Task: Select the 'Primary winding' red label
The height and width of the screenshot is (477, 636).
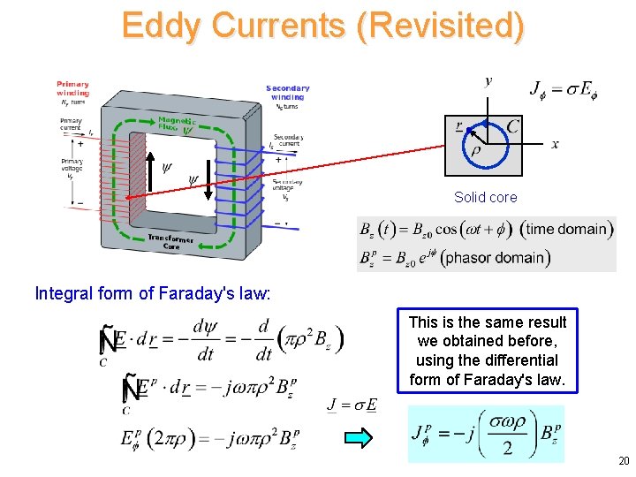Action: tap(72, 88)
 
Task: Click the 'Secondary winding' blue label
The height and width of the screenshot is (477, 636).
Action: tap(287, 92)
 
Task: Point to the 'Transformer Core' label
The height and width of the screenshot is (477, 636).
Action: tap(171, 241)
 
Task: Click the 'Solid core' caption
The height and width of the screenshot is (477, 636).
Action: tap(485, 197)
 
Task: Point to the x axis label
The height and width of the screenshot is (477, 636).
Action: tap(555, 145)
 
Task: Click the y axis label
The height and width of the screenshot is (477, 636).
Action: tap(488, 81)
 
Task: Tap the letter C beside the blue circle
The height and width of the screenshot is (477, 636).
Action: tap(512, 127)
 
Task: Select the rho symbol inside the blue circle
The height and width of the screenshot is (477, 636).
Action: tap(476, 151)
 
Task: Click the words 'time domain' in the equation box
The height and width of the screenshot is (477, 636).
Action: tap(566, 229)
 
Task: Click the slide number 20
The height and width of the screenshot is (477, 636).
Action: tap(624, 460)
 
